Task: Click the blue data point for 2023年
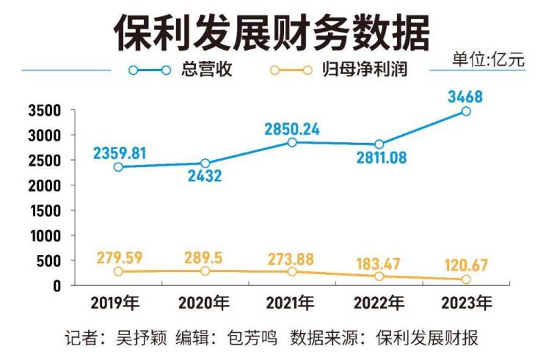click(x=466, y=111)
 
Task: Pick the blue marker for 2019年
click(x=118, y=167)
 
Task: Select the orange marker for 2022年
click(x=379, y=276)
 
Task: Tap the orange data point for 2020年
click(x=205, y=271)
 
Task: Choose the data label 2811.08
click(x=380, y=158)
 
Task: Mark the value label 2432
click(x=205, y=177)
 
